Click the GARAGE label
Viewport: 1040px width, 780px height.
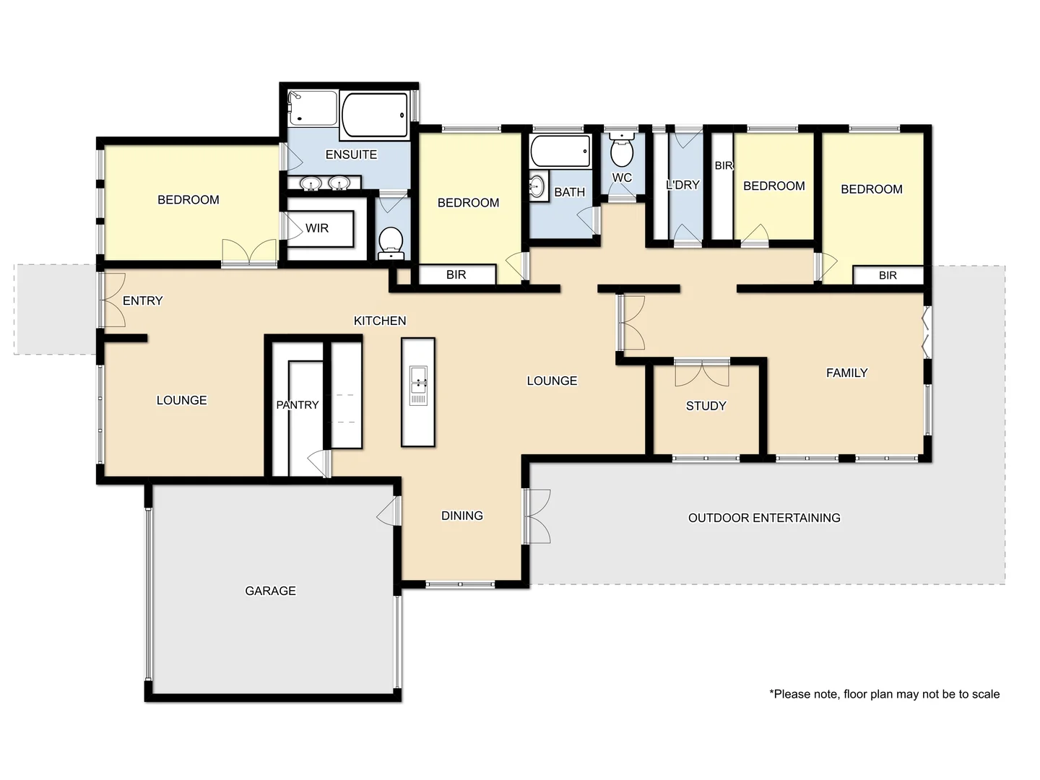[270, 591]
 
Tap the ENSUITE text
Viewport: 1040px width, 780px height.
[351, 155]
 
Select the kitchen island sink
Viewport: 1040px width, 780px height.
[418, 385]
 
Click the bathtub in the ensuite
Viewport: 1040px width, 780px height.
[375, 115]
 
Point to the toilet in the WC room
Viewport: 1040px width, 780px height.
[621, 152]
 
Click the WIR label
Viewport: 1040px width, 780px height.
[316, 228]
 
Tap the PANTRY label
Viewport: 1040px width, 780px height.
[297, 405]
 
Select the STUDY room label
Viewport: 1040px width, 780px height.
[706, 406]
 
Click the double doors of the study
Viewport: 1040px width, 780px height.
[701, 372]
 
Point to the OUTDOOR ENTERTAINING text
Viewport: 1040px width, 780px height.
[764, 518]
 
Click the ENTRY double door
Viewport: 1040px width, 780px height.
[113, 300]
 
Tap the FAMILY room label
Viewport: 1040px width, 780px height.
[846, 373]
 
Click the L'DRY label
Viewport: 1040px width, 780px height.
[682, 185]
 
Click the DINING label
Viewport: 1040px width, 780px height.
[461, 516]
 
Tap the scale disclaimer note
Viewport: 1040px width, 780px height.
[884, 694]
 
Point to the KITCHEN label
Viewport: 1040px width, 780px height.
[380, 321]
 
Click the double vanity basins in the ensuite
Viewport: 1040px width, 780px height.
[324, 184]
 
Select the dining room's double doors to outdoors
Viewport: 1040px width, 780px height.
[537, 516]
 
